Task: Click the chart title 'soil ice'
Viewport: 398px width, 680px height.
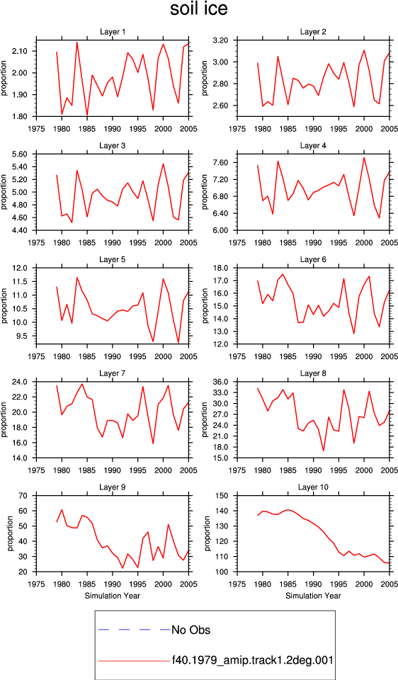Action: click(x=198, y=9)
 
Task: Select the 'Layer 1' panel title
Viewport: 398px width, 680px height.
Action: click(x=113, y=32)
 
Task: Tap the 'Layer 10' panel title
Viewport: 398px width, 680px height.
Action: click(x=314, y=487)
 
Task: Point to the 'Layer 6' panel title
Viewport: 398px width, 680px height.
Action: click(x=314, y=259)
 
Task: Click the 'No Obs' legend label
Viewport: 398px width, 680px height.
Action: click(x=191, y=630)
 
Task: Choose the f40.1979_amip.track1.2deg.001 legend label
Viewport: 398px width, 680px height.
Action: click(x=252, y=660)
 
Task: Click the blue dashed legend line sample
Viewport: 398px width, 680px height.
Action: click(x=134, y=629)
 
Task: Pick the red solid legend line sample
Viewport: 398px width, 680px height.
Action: click(x=134, y=660)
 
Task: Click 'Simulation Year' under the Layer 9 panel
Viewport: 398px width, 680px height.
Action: click(x=113, y=596)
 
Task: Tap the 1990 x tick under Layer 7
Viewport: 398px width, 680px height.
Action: click(x=113, y=470)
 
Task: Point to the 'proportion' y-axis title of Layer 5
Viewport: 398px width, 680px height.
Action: click(x=4, y=306)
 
